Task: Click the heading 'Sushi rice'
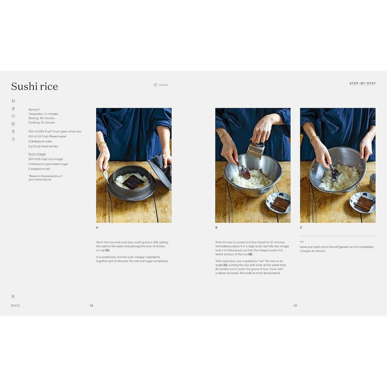(x=35, y=86)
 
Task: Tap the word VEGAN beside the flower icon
(x=163, y=85)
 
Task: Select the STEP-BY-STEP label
(x=363, y=83)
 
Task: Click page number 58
(x=91, y=306)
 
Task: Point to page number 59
(x=295, y=306)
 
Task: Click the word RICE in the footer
(x=16, y=306)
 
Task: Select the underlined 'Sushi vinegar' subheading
(x=37, y=154)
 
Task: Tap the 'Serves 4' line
(x=34, y=110)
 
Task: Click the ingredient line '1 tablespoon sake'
(x=40, y=141)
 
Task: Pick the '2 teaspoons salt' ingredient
(x=39, y=169)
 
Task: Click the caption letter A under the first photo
(x=97, y=228)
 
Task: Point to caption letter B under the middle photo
(x=216, y=228)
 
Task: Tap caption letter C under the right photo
(x=301, y=228)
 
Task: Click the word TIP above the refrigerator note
(x=302, y=242)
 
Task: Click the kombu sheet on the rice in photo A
(x=133, y=182)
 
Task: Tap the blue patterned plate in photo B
(x=278, y=202)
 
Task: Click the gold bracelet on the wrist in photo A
(x=102, y=144)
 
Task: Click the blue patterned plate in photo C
(x=363, y=202)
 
